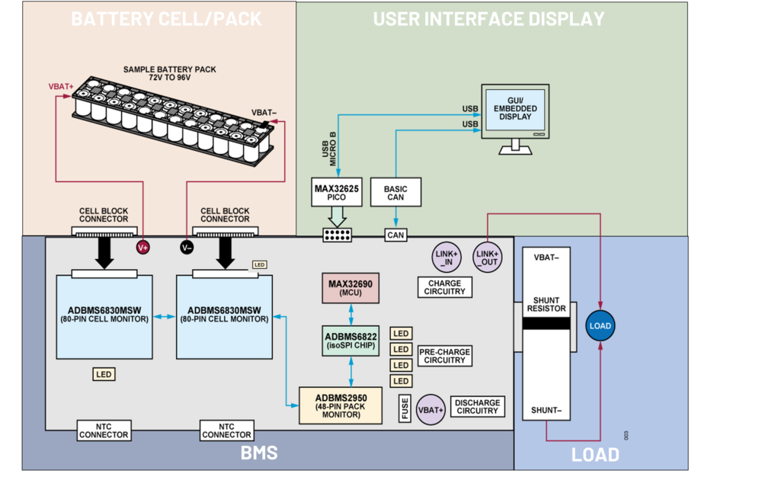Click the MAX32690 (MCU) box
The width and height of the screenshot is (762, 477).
click(x=350, y=288)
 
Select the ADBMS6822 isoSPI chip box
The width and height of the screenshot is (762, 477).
click(x=350, y=341)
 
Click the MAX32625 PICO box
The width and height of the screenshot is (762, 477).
click(x=336, y=192)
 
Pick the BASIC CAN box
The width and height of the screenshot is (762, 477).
click(x=395, y=192)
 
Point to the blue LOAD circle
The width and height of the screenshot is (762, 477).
click(x=600, y=326)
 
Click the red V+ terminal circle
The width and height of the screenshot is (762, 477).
click(x=142, y=247)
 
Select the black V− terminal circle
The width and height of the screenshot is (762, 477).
click(x=187, y=247)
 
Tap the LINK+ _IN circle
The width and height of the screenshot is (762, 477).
click(x=446, y=258)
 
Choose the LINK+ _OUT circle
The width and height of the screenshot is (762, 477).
click(x=488, y=258)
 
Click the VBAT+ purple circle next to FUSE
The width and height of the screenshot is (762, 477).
click(x=431, y=409)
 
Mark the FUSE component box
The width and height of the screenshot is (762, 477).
click(x=405, y=408)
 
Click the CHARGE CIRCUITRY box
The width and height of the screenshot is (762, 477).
click(x=444, y=287)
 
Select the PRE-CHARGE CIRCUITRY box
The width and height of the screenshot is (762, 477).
click(x=444, y=356)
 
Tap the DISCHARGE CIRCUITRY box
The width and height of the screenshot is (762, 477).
click(x=477, y=407)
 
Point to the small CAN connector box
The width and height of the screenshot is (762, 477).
click(x=395, y=235)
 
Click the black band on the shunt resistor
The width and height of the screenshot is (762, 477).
click(x=546, y=324)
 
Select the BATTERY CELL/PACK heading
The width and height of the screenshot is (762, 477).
click(x=166, y=19)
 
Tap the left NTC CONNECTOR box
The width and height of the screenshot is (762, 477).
click(x=104, y=431)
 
